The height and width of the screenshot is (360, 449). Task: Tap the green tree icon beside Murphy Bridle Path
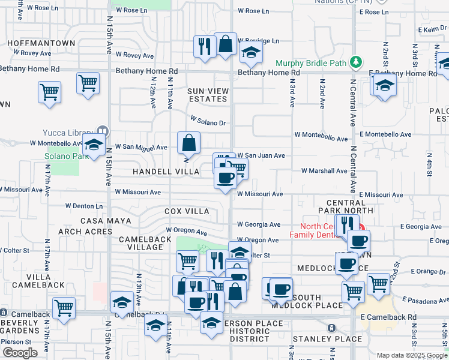tap(356, 62)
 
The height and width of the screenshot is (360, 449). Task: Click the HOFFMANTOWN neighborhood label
tap(41, 43)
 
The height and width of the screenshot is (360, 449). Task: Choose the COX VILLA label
tap(187, 211)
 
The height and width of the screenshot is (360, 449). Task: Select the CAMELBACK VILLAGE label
tap(141, 243)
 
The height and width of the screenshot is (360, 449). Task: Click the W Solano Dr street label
tap(208, 122)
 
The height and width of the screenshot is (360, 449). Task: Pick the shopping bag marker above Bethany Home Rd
tap(226, 44)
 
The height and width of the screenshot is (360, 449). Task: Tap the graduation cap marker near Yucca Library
tap(94, 145)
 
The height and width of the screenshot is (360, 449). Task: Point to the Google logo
tap(20, 353)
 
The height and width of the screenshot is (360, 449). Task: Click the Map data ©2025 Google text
tap(412, 355)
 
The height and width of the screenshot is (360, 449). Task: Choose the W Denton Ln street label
tap(84, 206)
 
